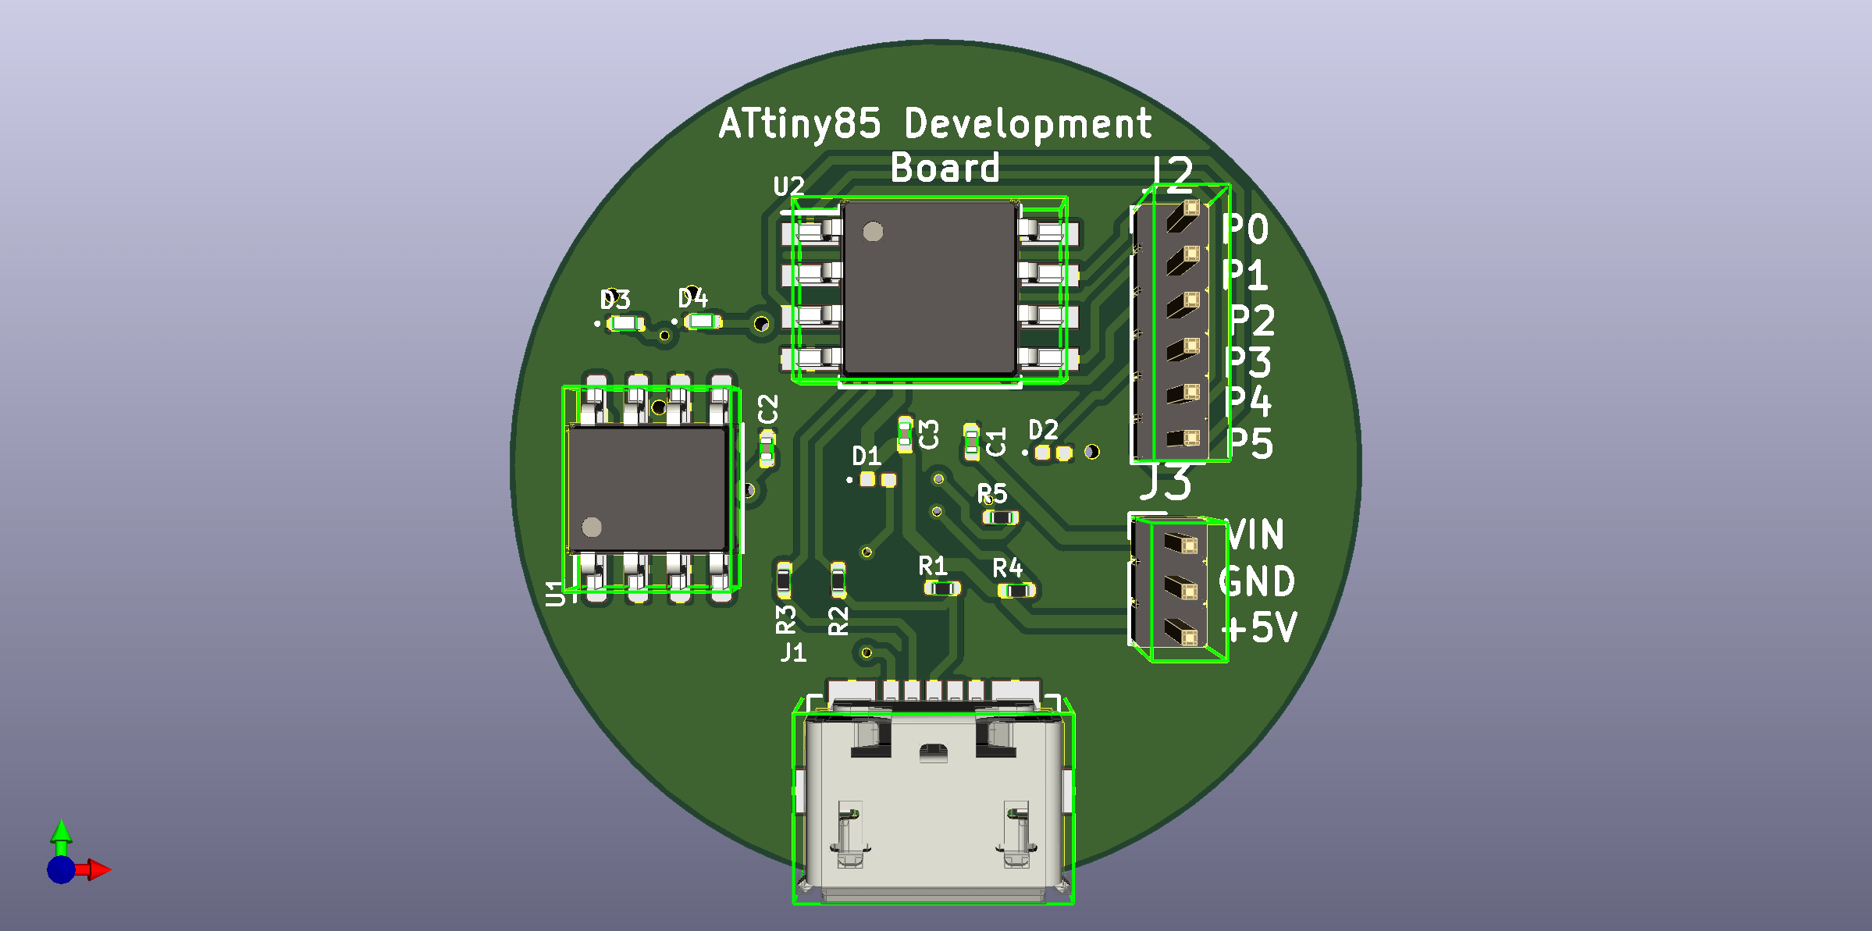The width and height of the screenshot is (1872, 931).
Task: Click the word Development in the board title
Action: (x=1027, y=125)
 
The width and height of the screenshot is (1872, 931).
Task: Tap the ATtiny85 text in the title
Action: (x=799, y=125)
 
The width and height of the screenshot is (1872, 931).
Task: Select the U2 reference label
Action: (x=788, y=187)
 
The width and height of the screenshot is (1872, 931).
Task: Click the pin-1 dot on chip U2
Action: (x=873, y=232)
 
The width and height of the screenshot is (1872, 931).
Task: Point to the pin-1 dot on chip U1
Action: (x=592, y=528)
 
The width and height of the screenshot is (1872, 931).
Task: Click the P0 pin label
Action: (x=1245, y=229)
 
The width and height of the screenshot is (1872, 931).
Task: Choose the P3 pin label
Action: (x=1249, y=362)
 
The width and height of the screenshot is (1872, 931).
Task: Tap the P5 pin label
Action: (x=1251, y=444)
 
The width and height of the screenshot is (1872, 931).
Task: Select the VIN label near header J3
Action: (x=1255, y=535)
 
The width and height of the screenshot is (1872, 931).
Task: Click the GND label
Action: (x=1257, y=582)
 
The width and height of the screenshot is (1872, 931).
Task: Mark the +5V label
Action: (x=1258, y=627)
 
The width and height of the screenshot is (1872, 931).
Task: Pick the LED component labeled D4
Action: (x=702, y=322)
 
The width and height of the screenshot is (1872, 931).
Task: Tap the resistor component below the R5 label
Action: (x=1000, y=517)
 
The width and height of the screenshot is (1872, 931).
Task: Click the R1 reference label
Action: (x=933, y=566)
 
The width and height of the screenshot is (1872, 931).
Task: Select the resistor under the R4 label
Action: (x=1016, y=591)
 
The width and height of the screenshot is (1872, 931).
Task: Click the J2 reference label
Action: (x=1172, y=173)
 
